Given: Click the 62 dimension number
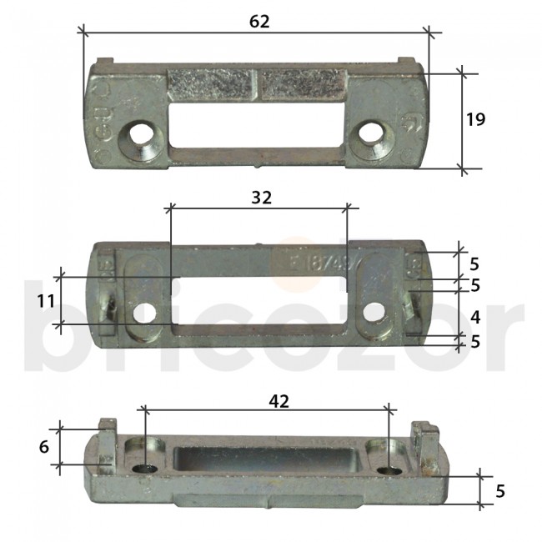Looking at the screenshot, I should [259, 22].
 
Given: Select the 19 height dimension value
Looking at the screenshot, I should [475, 120].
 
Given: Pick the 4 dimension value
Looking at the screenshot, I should [474, 317].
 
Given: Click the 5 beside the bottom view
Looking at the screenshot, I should [499, 491].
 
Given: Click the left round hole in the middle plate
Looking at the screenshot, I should [147, 314].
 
